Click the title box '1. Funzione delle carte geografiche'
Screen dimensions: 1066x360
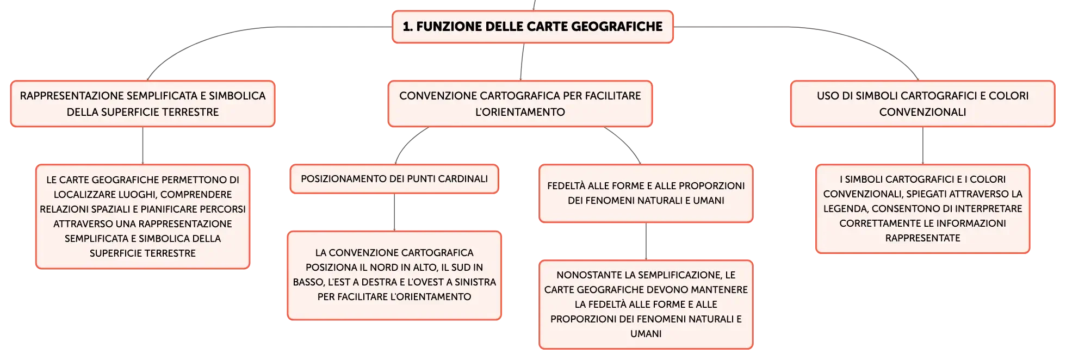point(532,27)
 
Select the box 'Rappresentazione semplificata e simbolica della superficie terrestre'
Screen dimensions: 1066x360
point(142,104)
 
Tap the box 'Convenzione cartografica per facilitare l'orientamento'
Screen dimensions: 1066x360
point(520,104)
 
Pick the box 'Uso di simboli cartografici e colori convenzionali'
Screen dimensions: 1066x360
point(922,104)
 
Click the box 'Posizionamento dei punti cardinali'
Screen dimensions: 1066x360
point(394,179)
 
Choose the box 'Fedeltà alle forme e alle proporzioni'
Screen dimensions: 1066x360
point(646,194)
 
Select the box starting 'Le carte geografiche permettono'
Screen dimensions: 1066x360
point(142,216)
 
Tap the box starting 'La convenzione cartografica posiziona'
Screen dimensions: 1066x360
point(394,275)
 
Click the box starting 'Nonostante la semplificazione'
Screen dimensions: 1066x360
point(646,305)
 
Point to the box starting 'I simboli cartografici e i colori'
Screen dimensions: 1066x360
point(922,209)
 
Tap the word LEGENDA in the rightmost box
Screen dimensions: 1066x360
point(846,209)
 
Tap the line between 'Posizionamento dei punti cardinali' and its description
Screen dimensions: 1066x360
point(394,213)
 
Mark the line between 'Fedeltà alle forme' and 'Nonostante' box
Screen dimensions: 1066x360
point(646,241)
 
